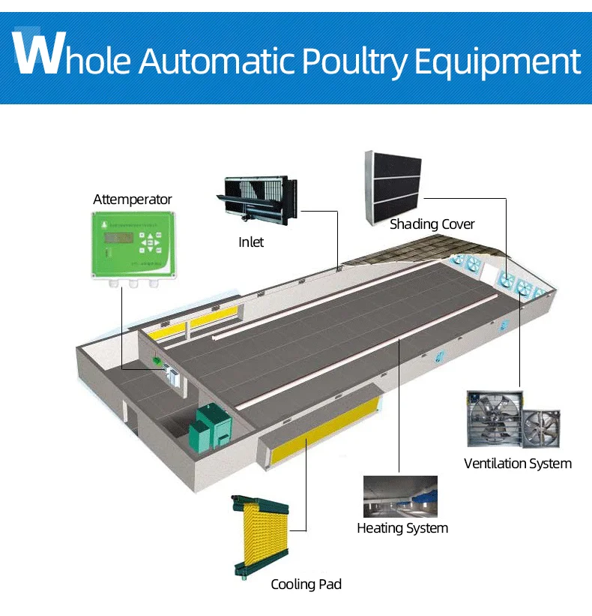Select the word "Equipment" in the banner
pyautogui.click(x=498, y=62)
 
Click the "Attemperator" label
pyautogui.click(x=132, y=200)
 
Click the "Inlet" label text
pyautogui.click(x=251, y=242)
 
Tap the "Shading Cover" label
pyautogui.click(x=432, y=224)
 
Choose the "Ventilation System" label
pyautogui.click(x=517, y=463)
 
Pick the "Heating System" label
pyautogui.click(x=402, y=528)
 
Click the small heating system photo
pyautogui.click(x=399, y=496)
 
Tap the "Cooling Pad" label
pyautogui.click(x=306, y=584)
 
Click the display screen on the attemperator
pyautogui.click(x=118, y=237)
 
